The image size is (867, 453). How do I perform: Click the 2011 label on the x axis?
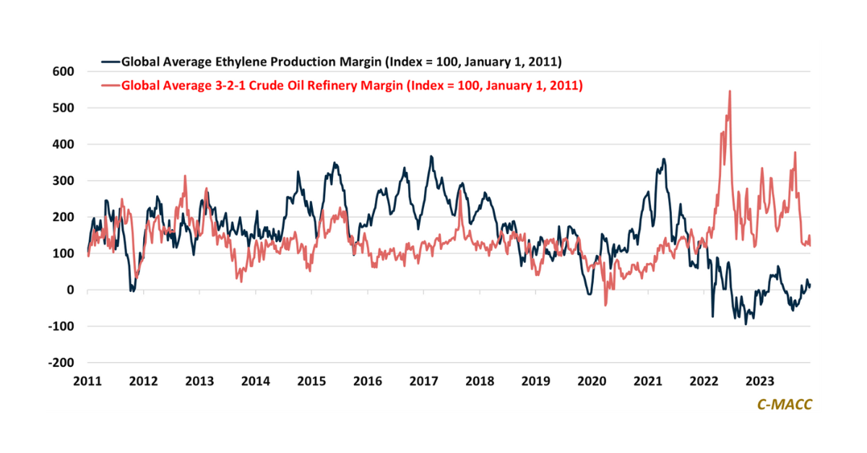point(87,381)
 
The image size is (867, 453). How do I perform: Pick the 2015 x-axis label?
point(311,381)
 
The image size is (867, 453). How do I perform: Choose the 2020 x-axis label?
point(592,381)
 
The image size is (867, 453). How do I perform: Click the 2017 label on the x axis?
point(423,381)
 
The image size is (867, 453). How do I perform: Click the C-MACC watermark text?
point(784,405)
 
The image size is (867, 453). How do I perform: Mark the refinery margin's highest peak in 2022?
point(730,91)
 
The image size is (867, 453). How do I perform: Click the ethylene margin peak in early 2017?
point(431,156)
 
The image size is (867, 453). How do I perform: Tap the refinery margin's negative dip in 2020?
point(605,305)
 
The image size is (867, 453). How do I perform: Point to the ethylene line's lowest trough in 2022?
point(746,324)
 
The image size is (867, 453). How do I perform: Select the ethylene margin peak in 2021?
point(663,159)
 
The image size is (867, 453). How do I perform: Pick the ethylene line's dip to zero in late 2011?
point(131,290)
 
